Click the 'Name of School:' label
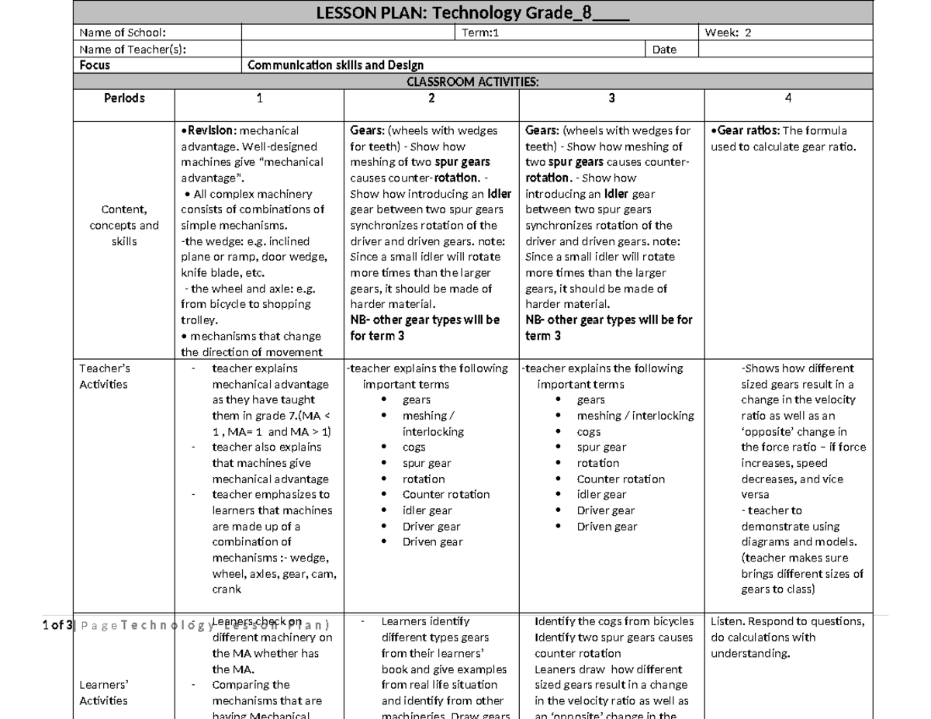122,33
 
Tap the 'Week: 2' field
728,33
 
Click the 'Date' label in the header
664,50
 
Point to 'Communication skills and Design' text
335,66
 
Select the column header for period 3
611,98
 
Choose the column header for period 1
260,98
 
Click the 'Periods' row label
124,98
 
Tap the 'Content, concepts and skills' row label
124,225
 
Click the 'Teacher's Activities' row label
104,376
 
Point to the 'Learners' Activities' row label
104,693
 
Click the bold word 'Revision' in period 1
209,131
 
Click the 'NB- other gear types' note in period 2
424,320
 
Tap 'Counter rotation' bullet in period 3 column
621,479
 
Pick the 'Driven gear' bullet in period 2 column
432,542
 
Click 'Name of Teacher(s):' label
132,50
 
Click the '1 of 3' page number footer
57,625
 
